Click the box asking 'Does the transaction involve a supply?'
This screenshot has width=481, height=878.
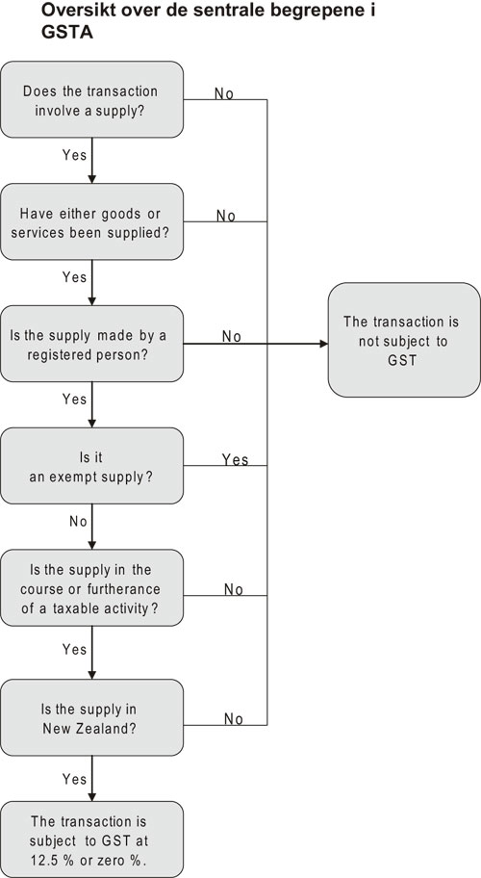click(x=91, y=99)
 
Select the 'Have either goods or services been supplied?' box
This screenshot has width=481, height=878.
click(x=91, y=221)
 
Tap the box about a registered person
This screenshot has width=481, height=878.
click(x=91, y=345)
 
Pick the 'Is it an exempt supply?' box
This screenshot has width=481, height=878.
click(x=91, y=468)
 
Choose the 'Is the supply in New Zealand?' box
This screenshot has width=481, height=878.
click(x=91, y=717)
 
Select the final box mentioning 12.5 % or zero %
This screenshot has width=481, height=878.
click(x=91, y=839)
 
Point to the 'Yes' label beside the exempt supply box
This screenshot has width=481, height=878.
click(x=235, y=459)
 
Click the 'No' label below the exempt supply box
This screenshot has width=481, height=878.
click(x=77, y=521)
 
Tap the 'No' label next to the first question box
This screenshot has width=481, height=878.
click(x=223, y=93)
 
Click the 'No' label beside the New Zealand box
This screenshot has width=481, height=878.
click(x=233, y=718)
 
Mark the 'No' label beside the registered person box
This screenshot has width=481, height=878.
click(x=231, y=336)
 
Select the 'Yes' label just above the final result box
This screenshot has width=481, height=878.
click(x=74, y=778)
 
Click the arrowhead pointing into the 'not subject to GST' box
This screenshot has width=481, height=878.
click(x=322, y=343)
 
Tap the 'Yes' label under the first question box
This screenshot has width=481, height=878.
click(x=74, y=154)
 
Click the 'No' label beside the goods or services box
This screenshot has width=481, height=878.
click(x=226, y=216)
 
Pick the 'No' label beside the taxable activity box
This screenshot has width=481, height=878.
click(x=233, y=588)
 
